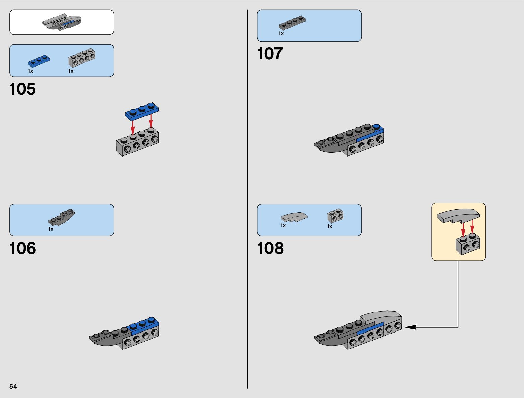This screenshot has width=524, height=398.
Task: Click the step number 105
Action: pyautogui.click(x=22, y=89)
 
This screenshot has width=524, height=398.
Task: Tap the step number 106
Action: pyautogui.click(x=22, y=248)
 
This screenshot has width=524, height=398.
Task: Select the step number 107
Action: pyautogui.click(x=270, y=54)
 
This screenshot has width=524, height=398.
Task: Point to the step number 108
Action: pyautogui.click(x=270, y=248)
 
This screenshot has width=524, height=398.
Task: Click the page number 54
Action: pyautogui.click(x=13, y=386)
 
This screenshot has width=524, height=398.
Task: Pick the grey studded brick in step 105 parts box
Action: pyautogui.click(x=82, y=58)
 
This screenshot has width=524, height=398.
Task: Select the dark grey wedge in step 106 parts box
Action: pyautogui.click(x=62, y=217)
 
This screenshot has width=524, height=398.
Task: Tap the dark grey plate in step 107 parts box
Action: pyautogui.click(x=292, y=23)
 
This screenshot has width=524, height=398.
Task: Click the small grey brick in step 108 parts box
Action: pyautogui.click(x=335, y=216)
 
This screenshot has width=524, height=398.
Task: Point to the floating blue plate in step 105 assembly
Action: pyautogui.click(x=142, y=111)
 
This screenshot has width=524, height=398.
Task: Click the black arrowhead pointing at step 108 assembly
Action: pyautogui.click(x=411, y=327)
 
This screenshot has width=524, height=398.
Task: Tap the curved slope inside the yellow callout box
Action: pyautogui.click(x=458, y=215)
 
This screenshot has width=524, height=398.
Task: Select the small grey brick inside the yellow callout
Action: pyautogui.click(x=467, y=245)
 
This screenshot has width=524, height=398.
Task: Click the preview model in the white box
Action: pyautogui.click(x=62, y=22)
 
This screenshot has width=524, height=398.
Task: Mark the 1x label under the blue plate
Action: pyautogui.click(x=30, y=71)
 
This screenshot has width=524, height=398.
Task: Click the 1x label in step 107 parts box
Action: pyautogui.click(x=281, y=33)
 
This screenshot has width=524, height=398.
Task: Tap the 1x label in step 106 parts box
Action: pyautogui.click(x=51, y=229)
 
